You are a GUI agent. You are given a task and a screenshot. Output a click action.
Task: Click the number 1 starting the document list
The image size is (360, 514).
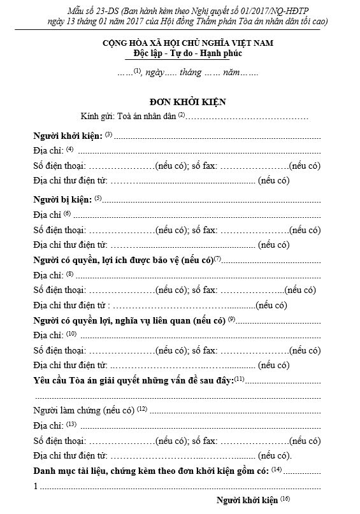point(36,486)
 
